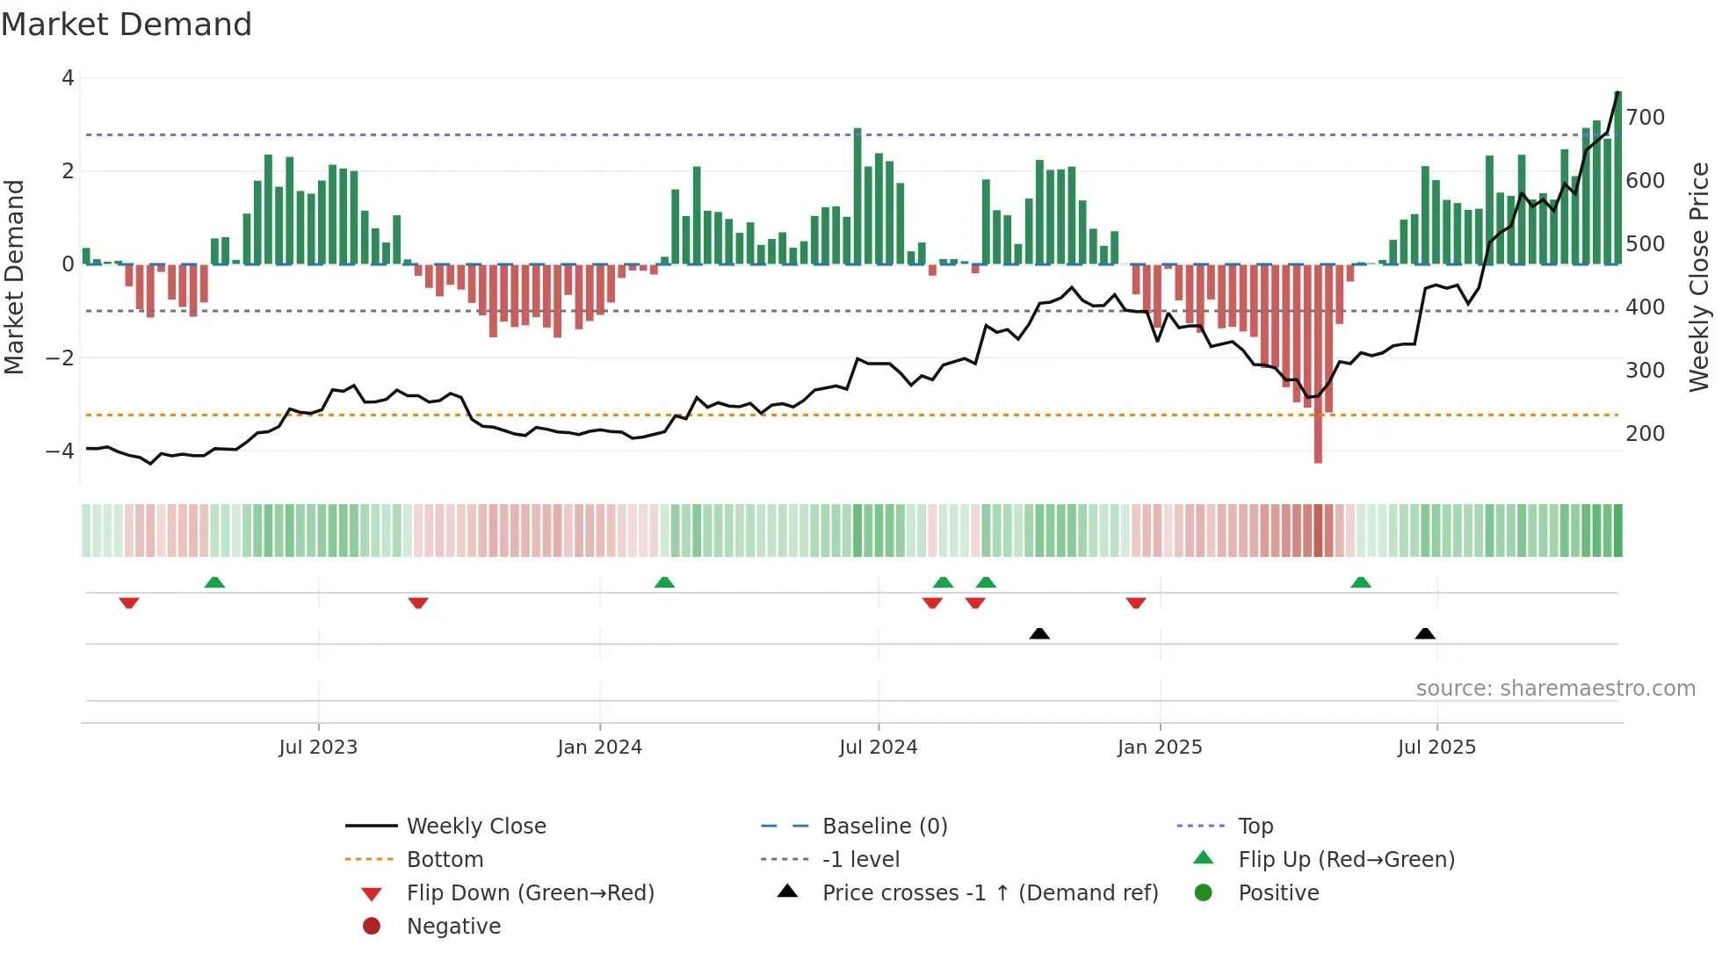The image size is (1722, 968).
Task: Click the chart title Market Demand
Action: coord(127,25)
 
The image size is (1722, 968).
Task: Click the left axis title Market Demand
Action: coord(15,277)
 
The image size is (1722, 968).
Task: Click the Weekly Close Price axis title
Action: coord(1699,277)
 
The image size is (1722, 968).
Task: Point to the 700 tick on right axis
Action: coord(1645,118)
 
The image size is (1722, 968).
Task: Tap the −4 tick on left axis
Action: coord(60,451)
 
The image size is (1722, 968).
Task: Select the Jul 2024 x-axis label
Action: coord(878,748)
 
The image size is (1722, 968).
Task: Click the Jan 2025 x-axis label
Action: coord(1159,748)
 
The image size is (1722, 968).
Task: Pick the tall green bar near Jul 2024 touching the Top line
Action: coord(857,193)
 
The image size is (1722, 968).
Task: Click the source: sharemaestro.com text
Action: coord(1555,689)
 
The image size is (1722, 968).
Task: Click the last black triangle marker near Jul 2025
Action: coord(1425,633)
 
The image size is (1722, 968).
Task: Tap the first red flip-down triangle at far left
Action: coord(129,603)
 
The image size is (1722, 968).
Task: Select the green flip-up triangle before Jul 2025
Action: coord(1360,582)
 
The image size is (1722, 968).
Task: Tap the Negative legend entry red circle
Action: coord(372,927)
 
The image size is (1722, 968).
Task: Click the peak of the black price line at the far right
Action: coord(1617,92)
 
